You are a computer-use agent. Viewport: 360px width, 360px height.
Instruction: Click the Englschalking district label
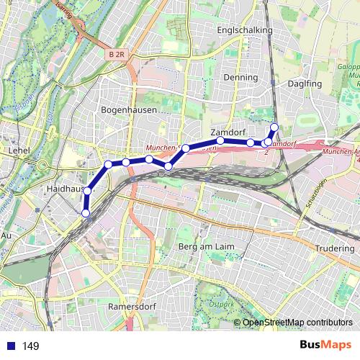[245, 31]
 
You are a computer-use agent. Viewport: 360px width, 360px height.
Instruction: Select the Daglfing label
[303, 84]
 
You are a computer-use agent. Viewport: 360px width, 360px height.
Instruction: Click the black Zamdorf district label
[228, 132]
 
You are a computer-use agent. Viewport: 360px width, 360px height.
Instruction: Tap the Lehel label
[15, 150]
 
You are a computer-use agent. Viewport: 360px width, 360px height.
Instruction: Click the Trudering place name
[335, 248]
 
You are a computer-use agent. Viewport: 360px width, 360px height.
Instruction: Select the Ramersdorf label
[130, 306]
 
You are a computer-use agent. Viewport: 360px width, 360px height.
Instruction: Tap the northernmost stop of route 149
[274, 128]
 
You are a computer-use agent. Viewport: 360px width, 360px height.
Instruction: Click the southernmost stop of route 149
[86, 213]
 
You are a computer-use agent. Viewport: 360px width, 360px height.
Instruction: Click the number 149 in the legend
[31, 346]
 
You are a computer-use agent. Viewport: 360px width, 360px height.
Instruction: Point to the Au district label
[6, 235]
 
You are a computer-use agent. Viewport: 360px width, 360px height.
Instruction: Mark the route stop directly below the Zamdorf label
[220, 141]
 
